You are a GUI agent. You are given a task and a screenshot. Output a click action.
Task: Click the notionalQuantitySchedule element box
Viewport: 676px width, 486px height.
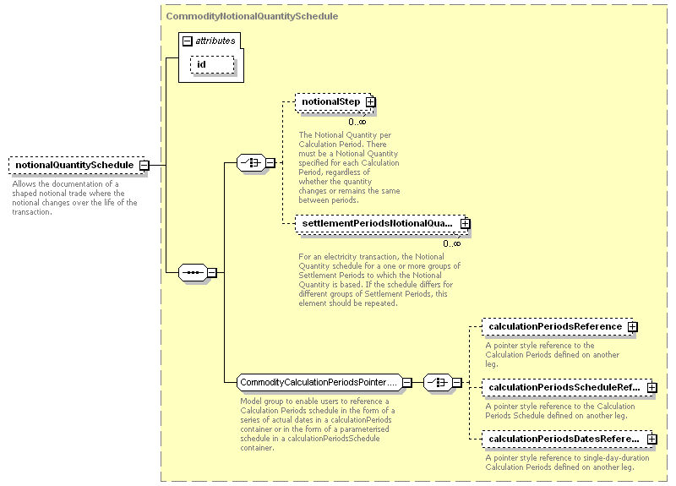(78, 165)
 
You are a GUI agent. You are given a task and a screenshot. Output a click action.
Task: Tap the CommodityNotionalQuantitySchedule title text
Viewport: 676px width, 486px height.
(252, 16)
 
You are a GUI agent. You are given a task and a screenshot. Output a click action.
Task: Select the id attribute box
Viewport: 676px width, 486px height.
(212, 65)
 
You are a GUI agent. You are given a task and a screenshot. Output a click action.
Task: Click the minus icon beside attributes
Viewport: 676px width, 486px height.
(187, 41)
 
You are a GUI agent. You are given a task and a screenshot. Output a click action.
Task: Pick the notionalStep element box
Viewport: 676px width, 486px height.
(334, 102)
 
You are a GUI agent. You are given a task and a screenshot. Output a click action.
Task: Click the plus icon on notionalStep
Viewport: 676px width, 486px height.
(370, 102)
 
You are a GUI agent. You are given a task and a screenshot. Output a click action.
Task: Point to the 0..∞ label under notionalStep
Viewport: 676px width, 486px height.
(357, 122)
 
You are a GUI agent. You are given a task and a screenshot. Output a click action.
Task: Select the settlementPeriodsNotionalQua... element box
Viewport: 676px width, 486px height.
(381, 224)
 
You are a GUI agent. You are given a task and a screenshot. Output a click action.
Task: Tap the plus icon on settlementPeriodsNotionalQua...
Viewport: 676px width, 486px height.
(466, 224)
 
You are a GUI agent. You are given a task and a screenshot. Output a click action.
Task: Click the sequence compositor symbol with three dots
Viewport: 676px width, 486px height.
(193, 272)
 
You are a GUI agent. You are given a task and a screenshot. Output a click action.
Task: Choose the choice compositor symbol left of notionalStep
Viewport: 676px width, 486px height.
(251, 163)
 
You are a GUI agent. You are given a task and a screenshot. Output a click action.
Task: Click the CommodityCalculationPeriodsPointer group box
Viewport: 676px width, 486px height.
(319, 383)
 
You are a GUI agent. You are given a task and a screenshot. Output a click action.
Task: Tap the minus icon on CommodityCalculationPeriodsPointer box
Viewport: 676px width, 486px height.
(407, 383)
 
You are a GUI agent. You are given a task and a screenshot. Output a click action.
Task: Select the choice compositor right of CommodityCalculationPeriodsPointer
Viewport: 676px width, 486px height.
(438, 383)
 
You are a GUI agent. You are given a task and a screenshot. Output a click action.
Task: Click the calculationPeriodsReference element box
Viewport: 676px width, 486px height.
(558, 327)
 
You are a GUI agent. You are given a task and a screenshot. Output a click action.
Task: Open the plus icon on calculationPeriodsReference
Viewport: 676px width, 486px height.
(632, 327)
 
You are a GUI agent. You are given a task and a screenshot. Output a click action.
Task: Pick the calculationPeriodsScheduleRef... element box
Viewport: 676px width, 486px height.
(567, 388)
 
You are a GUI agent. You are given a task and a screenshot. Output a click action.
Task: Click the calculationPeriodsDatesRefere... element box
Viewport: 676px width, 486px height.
(567, 439)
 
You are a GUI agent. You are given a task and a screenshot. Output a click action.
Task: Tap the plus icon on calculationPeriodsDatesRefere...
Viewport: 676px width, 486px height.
(652, 439)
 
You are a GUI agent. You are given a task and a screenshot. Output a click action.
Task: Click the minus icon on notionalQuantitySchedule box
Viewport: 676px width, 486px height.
(144, 165)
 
